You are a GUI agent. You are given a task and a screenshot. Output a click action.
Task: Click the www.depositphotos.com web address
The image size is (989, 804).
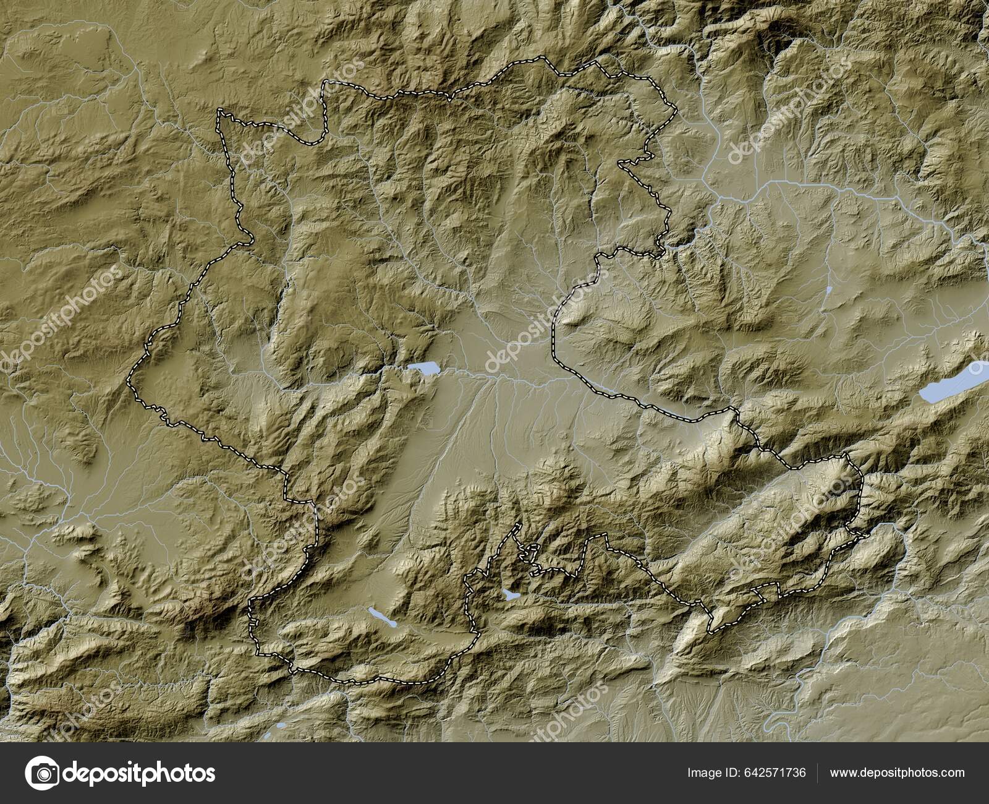(897, 772)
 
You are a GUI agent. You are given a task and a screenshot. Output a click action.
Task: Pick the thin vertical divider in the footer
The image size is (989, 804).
(818, 772)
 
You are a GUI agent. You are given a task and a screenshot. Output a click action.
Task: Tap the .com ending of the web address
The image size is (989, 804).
(951, 772)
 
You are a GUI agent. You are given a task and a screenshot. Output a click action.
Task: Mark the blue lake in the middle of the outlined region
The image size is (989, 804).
(422, 369)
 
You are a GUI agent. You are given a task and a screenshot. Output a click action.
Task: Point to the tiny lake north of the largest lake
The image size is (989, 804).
(828, 289)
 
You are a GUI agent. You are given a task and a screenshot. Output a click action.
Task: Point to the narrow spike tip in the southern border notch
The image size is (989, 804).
(517, 525)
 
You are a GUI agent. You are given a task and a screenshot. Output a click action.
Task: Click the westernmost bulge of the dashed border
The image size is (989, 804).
(129, 383)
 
